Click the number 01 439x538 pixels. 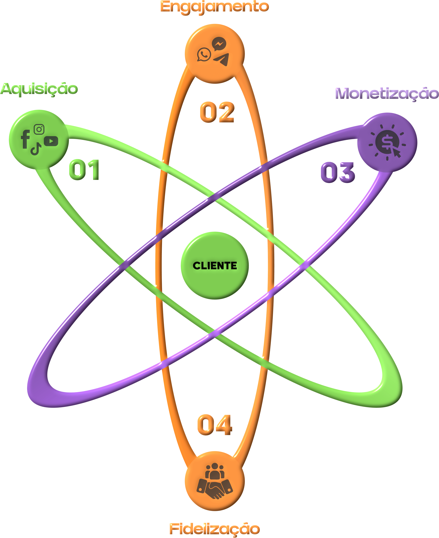[x=84, y=170]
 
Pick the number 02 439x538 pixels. [x=217, y=112]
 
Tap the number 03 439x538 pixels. [x=338, y=172]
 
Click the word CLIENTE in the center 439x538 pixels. [x=215, y=266]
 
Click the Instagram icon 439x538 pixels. [x=39, y=129]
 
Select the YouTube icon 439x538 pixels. [x=51, y=141]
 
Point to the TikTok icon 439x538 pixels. [x=36, y=149]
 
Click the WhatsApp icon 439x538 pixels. [x=204, y=54]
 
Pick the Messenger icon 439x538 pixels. [x=219, y=44]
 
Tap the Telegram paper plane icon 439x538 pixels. [x=222, y=59]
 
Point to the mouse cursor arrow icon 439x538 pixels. [x=396, y=152]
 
